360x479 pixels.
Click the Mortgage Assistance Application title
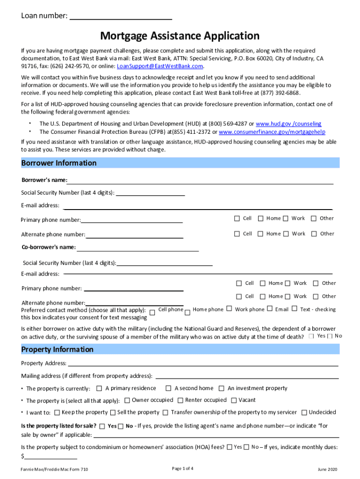(180, 36)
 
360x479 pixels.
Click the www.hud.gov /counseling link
(288, 124)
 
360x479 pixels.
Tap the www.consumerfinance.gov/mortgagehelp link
(272, 132)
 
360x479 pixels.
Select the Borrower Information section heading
(59, 163)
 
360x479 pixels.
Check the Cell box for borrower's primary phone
(237, 218)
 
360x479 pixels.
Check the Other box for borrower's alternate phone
(314, 234)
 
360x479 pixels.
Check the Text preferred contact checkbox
(295, 309)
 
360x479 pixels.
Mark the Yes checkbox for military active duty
(311, 336)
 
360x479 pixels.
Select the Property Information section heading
(58, 349)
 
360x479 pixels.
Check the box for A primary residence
(99, 388)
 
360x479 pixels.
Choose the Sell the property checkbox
(113, 413)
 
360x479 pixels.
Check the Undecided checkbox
(304, 413)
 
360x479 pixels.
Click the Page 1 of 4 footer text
(183, 469)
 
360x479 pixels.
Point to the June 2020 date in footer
(327, 469)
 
